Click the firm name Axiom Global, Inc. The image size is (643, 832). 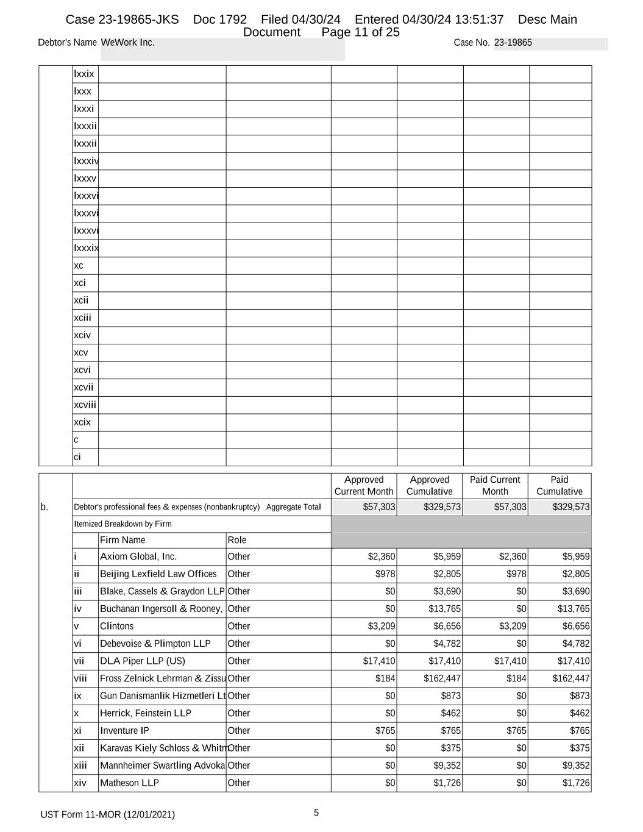coord(138,556)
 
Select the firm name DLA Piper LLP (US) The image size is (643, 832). coord(143,661)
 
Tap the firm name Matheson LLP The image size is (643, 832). coord(129,783)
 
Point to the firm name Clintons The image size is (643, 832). coord(116,626)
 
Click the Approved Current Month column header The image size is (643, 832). coord(364,486)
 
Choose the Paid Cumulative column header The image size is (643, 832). coord(559,486)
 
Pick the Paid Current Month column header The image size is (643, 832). coord(495,486)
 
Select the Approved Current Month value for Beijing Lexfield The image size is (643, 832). coord(385,574)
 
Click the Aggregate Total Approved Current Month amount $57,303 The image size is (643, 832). coord(379,507)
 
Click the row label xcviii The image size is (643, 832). coord(85,405)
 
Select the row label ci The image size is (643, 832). coord(77,457)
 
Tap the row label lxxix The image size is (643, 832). coord(84,74)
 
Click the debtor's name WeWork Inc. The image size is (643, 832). coord(128,43)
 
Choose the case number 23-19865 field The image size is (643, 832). coord(513,43)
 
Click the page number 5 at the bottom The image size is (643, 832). coord(316,812)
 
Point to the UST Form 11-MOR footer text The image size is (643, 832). coord(108,814)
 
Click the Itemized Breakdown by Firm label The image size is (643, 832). coord(123,524)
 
